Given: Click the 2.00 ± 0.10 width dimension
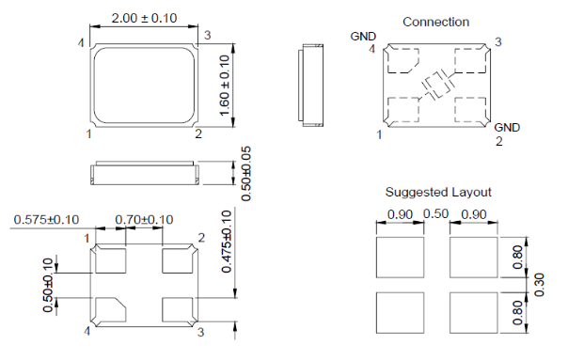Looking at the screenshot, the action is (x=144, y=18).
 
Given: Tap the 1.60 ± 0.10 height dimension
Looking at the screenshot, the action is (x=225, y=86).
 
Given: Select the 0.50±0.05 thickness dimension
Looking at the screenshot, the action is (x=246, y=174).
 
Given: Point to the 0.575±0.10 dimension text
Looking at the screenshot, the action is (x=46, y=219).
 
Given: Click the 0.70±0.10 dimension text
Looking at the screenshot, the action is (x=144, y=219).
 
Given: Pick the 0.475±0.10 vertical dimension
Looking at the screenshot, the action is (x=227, y=242).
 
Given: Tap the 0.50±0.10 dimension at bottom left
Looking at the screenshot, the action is (x=48, y=285).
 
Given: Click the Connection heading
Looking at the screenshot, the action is (x=435, y=23).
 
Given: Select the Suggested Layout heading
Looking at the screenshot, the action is (x=438, y=192).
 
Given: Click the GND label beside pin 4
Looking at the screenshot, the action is (x=363, y=37).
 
